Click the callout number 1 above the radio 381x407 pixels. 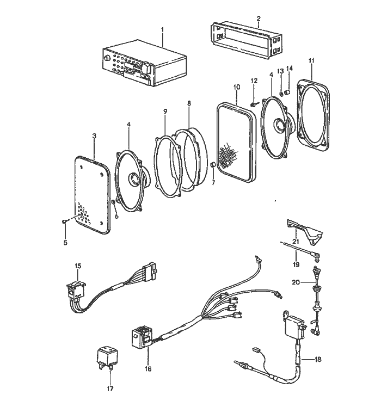tap(163, 29)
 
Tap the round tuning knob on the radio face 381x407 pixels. tap(107, 59)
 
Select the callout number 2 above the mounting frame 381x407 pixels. tap(258, 18)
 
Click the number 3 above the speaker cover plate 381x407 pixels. tap(94, 135)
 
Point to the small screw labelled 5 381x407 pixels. tap(64, 221)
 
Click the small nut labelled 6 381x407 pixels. tap(113, 202)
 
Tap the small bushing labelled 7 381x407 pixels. tap(212, 164)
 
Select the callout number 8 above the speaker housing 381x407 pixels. tap(189, 103)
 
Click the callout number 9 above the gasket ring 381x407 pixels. tap(165, 112)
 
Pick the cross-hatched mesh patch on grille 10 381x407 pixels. tap(228, 155)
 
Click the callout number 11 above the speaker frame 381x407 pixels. tap(311, 60)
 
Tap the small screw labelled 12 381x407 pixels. tap(253, 104)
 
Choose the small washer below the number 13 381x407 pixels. tap(281, 94)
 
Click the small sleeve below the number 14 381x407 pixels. tap(287, 92)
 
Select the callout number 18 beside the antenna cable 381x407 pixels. tap(318, 359)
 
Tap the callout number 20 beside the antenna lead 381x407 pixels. tap(296, 282)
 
